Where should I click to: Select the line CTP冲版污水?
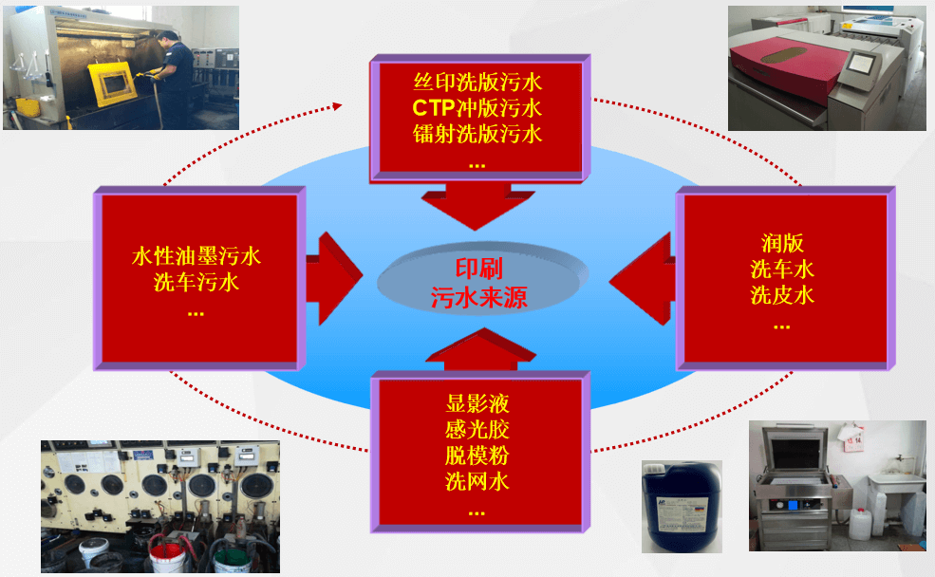tap(477, 105)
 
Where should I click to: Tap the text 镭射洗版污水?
tap(477, 133)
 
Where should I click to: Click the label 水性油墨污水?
tap(196, 255)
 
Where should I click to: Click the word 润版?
tap(782, 242)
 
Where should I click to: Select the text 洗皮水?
tap(782, 295)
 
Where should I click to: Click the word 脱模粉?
tap(477, 455)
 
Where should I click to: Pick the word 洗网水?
tap(477, 481)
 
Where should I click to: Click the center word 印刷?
tap(478, 268)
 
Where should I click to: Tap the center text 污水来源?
tap(478, 298)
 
